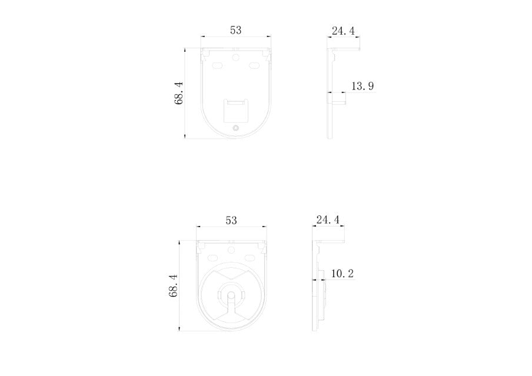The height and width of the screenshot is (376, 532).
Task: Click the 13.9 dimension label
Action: [363, 86]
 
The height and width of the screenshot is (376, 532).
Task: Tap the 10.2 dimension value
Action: [343, 273]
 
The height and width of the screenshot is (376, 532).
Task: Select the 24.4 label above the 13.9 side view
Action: [343, 31]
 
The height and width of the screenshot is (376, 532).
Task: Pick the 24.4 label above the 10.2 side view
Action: [328, 219]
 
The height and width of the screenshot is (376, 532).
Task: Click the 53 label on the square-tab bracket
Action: [236, 30]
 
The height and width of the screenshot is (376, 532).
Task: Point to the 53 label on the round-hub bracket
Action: [231, 220]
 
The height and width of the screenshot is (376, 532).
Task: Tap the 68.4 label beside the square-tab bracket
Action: [179, 92]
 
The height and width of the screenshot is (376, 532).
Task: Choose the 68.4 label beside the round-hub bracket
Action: [174, 286]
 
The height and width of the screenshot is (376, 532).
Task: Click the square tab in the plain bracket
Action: [236, 111]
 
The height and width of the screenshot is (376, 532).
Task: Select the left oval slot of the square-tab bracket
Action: [217, 65]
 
